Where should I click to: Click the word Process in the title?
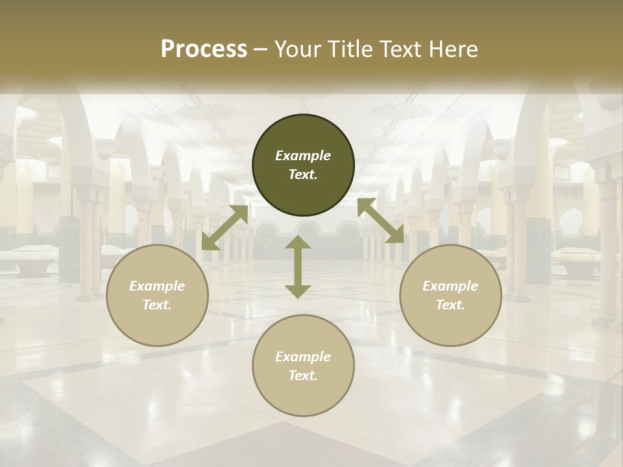[204, 49]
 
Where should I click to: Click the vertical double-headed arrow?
[298, 267]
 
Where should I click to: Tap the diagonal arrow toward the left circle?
[225, 228]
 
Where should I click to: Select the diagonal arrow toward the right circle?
[381, 221]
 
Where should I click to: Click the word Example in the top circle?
[303, 156]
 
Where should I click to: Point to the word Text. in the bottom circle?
[303, 376]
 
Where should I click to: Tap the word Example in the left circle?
[157, 286]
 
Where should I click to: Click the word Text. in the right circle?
[450, 305]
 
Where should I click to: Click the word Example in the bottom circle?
[303, 357]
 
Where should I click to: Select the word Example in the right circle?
[450, 286]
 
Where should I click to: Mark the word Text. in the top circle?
[303, 174]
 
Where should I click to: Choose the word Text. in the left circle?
[157, 305]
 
